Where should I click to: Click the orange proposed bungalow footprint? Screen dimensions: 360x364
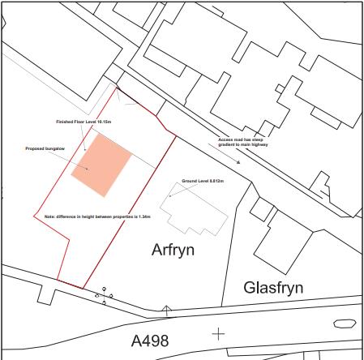pyautogui.click(x=101, y=165)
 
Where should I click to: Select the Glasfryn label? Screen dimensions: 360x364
pyautogui.click(x=273, y=288)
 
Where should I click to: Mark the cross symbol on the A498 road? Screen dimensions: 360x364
pyautogui.click(x=218, y=332)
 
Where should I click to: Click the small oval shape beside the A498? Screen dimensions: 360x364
pyautogui.click(x=345, y=323)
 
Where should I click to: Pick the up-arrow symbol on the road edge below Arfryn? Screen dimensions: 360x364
pyautogui.click(x=166, y=309)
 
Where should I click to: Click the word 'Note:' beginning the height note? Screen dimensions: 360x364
pyautogui.click(x=49, y=216)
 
